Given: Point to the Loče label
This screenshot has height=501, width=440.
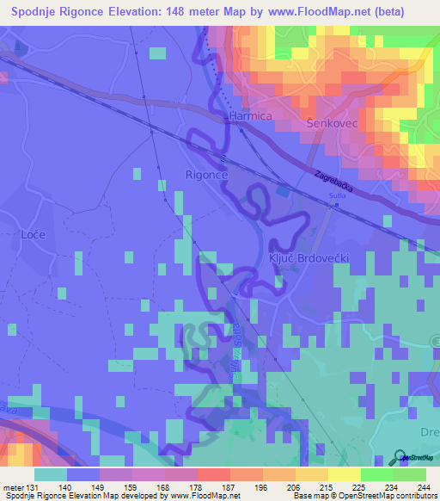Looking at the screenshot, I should tap(31, 233).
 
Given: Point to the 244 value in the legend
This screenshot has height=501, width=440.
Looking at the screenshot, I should tap(425, 487).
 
